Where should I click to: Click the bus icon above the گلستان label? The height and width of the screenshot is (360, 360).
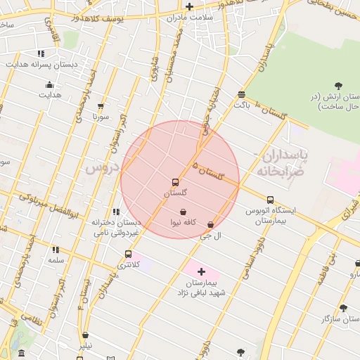tap(175, 182)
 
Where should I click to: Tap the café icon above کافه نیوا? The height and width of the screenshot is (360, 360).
tap(183, 212)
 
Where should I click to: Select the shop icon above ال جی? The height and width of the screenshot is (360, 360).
tap(210, 224)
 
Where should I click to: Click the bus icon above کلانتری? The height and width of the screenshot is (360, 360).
tap(127, 254)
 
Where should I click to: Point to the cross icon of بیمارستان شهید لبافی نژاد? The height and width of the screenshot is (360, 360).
tap(201, 271)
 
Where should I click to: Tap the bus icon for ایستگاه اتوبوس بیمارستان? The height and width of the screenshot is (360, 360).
tap(270, 200)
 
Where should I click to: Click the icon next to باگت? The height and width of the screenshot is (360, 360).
tap(241, 94)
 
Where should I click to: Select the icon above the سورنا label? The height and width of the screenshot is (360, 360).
tap(101, 106)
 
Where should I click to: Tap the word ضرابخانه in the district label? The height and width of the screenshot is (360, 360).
tap(272, 171)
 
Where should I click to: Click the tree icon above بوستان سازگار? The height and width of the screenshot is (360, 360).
tap(343, 308)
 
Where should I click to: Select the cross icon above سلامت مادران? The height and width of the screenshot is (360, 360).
tap(189, 6)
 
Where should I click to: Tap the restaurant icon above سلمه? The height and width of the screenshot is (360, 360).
tap(56, 250)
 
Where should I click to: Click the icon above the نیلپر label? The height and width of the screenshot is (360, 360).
tap(85, 335)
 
